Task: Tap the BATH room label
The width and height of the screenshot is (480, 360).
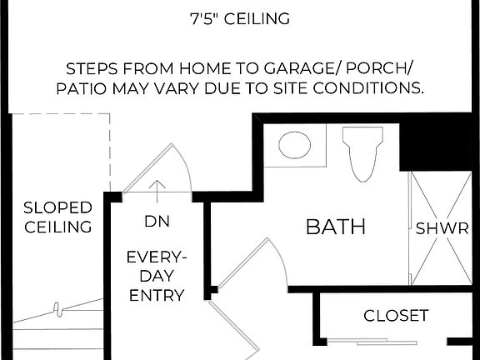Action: click(336, 227)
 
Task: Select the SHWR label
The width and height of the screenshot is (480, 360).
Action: click(442, 227)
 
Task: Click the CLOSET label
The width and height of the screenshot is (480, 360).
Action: click(396, 316)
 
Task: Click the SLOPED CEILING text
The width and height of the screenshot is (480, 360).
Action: click(57, 217)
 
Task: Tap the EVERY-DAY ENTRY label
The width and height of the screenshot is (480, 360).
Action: click(156, 276)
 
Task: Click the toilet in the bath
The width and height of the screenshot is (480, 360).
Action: click(363, 151)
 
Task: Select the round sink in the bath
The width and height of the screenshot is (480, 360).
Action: click(294, 145)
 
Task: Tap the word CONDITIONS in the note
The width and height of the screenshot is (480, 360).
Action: click(369, 87)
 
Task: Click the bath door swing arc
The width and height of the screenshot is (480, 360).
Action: click(279, 258)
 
